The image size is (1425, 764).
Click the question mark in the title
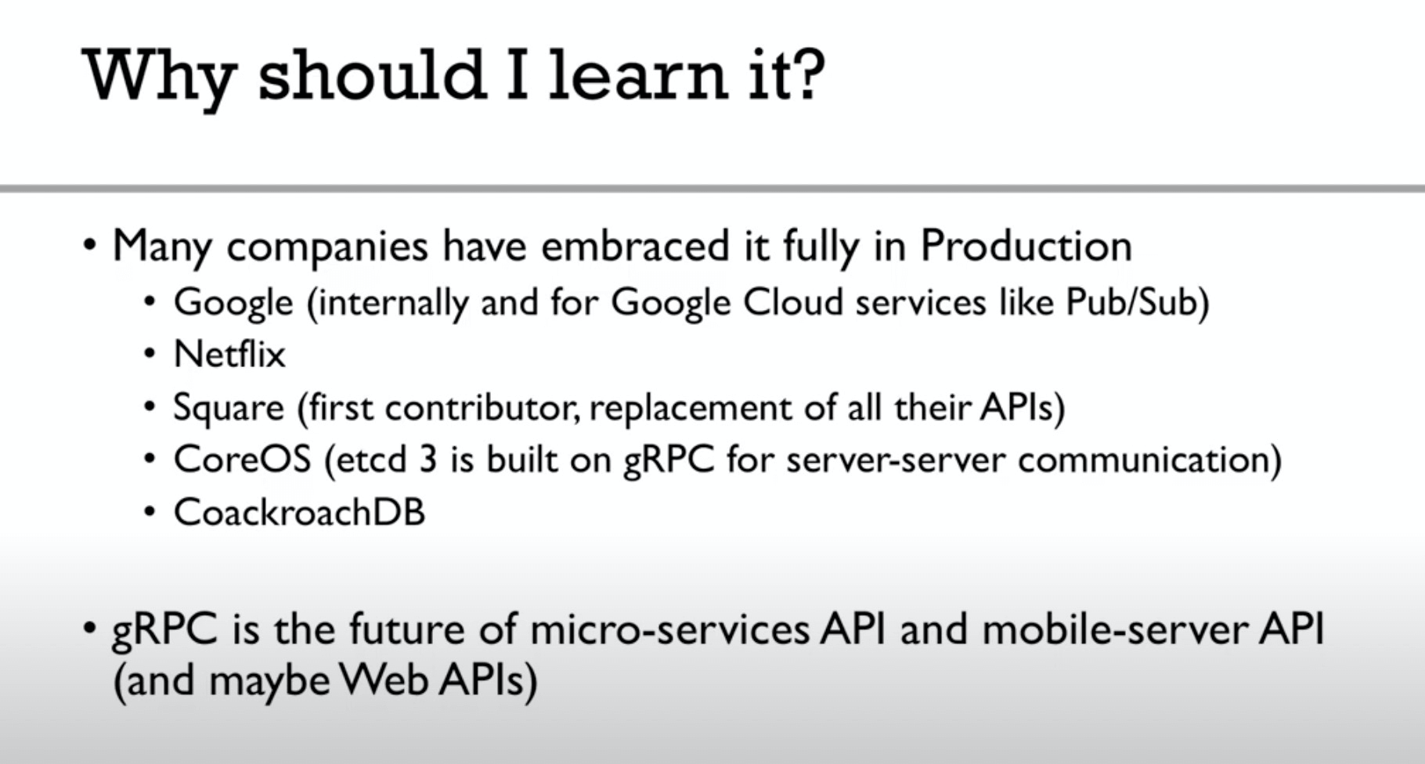[806, 75]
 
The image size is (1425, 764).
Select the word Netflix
[229, 354]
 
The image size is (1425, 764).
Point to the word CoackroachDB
[299, 513]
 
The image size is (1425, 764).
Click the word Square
[229, 409]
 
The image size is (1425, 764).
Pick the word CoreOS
[243, 459]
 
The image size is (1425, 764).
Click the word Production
[1026, 246]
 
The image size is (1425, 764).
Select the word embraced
[635, 246]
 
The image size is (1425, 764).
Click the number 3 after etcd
[427, 459]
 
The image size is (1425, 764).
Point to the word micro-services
[669, 629]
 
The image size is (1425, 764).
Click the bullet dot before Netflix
[150, 355]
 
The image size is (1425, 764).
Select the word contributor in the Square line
[482, 409]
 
